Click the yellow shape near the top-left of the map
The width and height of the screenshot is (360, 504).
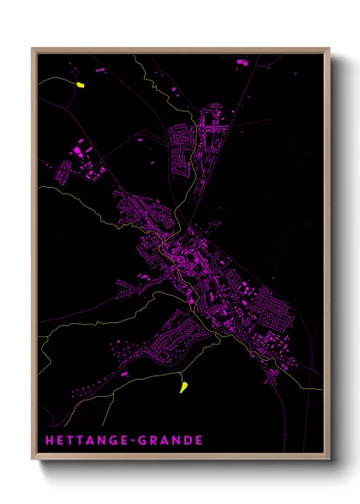point(81,85)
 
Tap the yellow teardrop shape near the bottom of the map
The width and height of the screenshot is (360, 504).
point(183,387)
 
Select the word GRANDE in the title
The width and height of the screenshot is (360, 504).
point(175,441)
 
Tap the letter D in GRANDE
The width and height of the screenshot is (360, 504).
point(188,441)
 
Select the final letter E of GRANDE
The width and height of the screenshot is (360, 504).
point(199,441)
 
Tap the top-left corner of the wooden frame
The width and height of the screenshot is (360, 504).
point(33,49)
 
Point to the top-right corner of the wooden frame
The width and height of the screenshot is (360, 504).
point(328,49)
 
